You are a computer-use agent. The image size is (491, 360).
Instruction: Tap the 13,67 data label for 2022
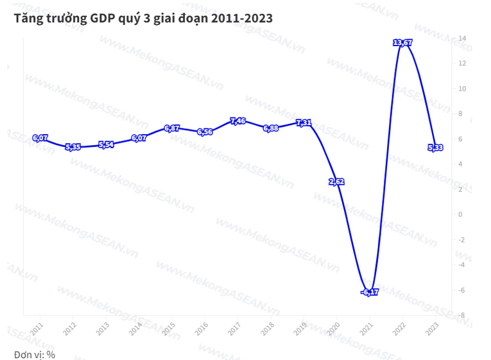tap(402, 43)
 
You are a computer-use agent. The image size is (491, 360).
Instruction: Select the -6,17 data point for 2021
tap(370, 292)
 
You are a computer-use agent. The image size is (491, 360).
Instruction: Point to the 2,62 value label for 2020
tap(337, 182)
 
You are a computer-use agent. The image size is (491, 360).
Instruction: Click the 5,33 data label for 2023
tap(435, 148)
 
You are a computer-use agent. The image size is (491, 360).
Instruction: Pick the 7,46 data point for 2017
tap(237, 121)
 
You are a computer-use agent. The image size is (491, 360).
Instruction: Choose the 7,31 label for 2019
tap(304, 123)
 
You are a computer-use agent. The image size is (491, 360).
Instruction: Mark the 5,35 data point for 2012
tap(73, 147)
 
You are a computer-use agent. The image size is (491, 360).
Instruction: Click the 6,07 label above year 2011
tap(40, 138)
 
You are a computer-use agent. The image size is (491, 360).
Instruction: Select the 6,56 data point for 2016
tap(205, 132)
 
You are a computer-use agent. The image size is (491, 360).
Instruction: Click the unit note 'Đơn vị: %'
tap(34, 354)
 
